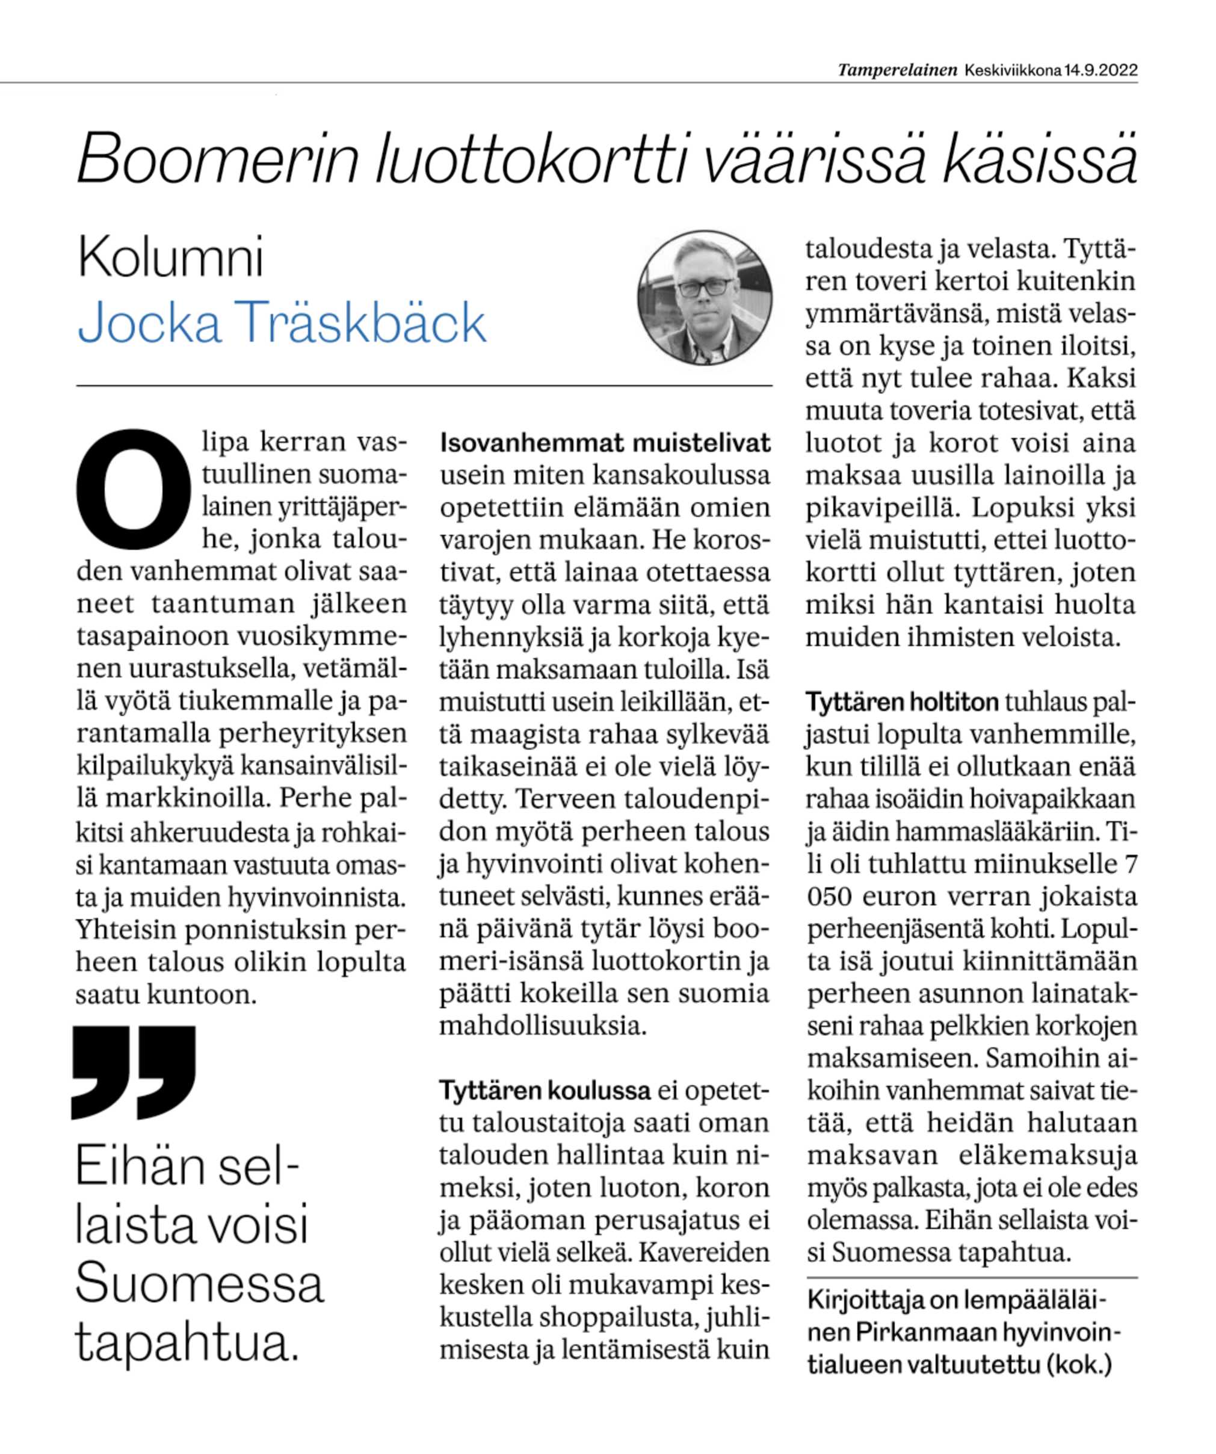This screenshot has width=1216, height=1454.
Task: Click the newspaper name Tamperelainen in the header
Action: click(x=898, y=70)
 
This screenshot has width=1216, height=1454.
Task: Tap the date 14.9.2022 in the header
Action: click(x=1100, y=70)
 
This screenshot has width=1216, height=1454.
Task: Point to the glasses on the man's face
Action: click(x=703, y=288)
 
